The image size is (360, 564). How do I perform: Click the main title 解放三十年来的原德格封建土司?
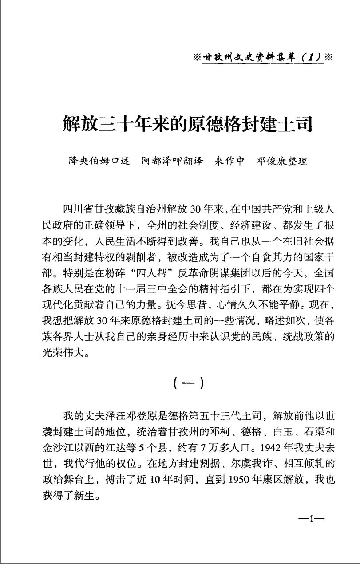coord(188,123)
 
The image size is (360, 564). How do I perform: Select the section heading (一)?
coord(189,382)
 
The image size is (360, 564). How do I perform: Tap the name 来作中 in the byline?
coord(229,161)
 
